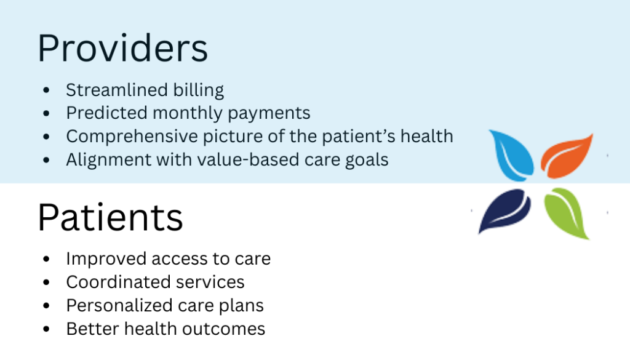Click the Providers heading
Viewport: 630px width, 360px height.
coord(122,48)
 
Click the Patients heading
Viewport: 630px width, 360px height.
coord(111,217)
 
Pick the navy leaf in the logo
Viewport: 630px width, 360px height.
coord(504,209)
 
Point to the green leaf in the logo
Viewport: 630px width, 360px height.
coord(567,212)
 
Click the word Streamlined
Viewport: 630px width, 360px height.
coord(116,90)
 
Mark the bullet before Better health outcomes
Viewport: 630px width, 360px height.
coord(46,329)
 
